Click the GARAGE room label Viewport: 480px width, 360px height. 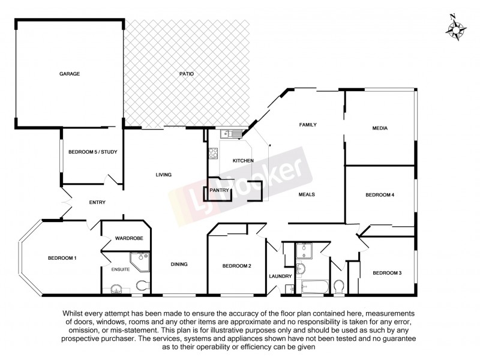point(70,74)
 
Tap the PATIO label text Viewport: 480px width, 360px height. point(186,74)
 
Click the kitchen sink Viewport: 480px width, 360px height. point(229,134)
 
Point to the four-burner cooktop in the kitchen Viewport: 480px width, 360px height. point(213,153)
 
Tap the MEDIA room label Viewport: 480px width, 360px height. point(380,128)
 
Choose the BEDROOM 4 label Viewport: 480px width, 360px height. point(380,195)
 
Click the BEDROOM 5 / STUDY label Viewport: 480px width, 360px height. point(92,152)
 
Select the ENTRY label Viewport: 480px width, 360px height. point(97,203)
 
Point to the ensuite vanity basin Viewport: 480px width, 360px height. point(115,290)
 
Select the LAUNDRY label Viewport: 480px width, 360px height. point(281,277)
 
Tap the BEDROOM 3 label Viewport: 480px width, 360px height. point(386,273)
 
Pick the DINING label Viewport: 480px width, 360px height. point(179,264)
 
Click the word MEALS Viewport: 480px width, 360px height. point(307,194)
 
